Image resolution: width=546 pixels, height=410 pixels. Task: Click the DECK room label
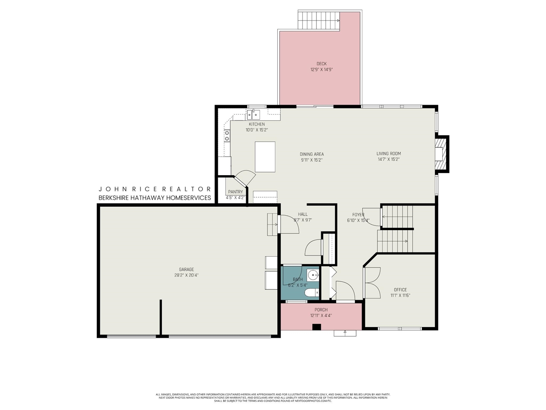click(321, 64)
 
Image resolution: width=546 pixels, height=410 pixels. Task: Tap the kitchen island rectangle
click(265, 157)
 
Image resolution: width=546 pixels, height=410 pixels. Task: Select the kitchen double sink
click(253, 114)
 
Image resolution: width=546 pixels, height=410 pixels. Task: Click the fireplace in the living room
click(440, 154)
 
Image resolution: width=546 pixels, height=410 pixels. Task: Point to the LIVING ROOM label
click(389, 154)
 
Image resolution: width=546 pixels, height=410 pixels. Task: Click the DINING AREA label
click(311, 154)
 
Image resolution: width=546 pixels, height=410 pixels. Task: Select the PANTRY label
click(235, 192)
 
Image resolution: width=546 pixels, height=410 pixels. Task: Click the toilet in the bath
click(311, 293)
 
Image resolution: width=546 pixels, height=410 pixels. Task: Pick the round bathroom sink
click(313, 275)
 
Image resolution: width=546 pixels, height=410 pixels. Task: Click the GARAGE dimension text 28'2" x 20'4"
click(186, 275)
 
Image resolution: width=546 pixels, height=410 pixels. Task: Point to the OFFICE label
click(400, 290)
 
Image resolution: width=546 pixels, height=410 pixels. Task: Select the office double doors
click(372, 283)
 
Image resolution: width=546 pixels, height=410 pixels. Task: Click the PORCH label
click(321, 310)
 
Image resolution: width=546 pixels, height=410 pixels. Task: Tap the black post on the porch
click(317, 327)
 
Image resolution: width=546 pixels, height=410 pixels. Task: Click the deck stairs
click(318, 20)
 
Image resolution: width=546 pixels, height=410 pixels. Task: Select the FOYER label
click(358, 215)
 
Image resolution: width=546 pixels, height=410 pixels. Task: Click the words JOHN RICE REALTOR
click(155, 189)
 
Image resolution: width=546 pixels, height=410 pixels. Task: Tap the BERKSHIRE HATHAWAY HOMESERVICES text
click(155, 198)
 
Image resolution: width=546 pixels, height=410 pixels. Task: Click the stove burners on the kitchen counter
click(227, 136)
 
